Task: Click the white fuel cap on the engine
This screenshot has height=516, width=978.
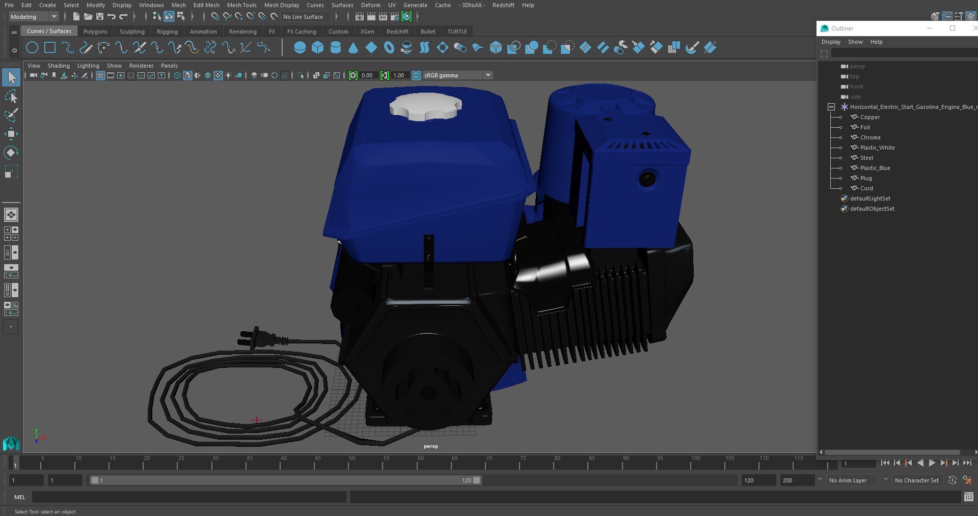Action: (425, 106)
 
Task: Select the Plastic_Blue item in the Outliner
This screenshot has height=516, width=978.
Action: (875, 168)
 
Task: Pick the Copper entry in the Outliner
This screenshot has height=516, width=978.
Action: (870, 117)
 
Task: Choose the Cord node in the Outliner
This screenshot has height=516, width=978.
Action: (866, 188)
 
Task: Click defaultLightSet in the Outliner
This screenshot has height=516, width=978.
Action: (870, 198)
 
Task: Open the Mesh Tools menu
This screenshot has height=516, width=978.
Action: (241, 5)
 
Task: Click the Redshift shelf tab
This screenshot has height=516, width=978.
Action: (397, 32)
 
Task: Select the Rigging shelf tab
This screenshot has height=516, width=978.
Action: (167, 32)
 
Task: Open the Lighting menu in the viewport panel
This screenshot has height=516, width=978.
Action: (88, 66)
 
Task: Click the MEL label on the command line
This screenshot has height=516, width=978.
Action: (20, 497)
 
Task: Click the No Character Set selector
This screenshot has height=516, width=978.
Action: (916, 480)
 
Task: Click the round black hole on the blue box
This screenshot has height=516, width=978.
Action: (647, 179)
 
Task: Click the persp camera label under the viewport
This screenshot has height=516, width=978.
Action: (431, 446)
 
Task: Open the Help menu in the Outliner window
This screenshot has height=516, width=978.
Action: (876, 42)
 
